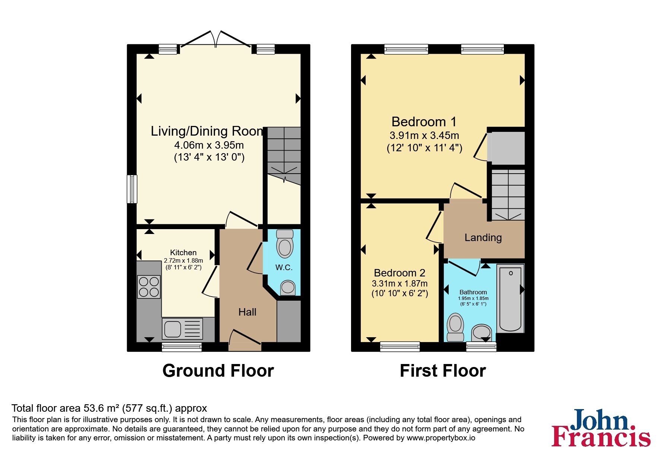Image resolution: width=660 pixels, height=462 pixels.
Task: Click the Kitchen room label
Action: coord(183,252)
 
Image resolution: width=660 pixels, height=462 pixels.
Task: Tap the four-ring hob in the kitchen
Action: coord(149,287)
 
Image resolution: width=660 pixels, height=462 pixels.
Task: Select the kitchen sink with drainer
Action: coord(183,328)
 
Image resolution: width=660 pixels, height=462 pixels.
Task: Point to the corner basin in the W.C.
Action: coord(288,288)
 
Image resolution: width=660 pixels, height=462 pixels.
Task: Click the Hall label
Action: coord(247,312)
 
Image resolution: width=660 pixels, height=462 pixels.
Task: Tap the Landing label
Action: coord(483,237)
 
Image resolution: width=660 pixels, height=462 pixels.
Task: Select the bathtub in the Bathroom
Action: coord(511,298)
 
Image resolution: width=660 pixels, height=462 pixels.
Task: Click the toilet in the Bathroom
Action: coord(455,327)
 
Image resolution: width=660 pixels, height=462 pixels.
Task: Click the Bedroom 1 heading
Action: coord(424,122)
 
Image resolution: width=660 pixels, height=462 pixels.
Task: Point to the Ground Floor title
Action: coord(218,371)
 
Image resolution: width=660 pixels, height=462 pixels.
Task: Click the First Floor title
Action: coord(443,371)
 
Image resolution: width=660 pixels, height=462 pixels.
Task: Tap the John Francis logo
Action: coord(601,428)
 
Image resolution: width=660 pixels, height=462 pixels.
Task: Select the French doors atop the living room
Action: coord(215,39)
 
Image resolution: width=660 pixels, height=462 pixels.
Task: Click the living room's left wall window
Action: coord(132,189)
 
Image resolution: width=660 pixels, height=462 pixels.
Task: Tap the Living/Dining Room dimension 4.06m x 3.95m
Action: coord(209,145)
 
